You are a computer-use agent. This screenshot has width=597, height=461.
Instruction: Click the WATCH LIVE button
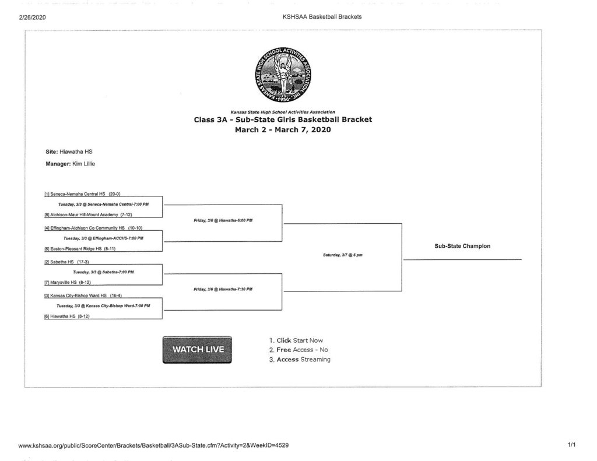tap(197, 350)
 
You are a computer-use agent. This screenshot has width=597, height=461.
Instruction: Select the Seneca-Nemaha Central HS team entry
tap(82, 194)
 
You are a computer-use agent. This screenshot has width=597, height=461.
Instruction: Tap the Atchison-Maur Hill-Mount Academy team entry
tap(88, 214)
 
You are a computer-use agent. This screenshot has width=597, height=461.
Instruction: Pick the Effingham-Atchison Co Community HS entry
tap(93, 227)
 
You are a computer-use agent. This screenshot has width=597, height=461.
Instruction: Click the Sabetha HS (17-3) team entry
tap(66, 262)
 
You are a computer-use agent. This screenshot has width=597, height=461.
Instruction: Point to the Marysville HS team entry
tap(68, 283)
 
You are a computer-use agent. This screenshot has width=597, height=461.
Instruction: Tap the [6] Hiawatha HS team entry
tap(66, 316)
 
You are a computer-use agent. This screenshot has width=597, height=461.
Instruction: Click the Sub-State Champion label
tap(462, 246)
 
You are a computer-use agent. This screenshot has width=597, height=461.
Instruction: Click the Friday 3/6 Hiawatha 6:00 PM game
tap(223, 221)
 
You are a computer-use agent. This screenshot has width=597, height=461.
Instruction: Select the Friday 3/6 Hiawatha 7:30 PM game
tap(223, 290)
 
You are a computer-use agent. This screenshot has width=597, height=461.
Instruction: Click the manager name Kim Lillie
tap(79, 164)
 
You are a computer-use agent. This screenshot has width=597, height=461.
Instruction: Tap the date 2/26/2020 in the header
tap(33, 17)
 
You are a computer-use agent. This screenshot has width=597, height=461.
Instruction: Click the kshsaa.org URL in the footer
tap(153, 445)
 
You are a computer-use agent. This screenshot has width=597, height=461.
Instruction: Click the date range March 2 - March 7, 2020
tap(283, 130)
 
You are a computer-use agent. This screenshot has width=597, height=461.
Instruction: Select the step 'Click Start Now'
tap(296, 340)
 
